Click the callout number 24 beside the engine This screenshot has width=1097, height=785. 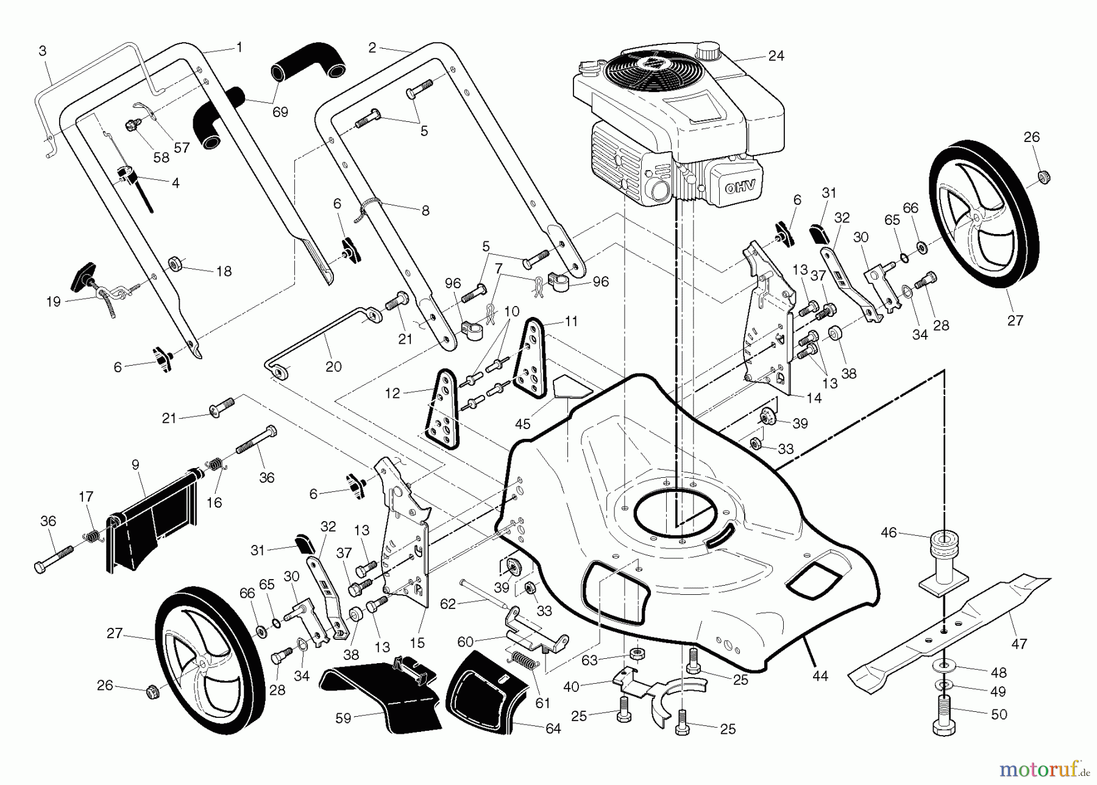click(776, 55)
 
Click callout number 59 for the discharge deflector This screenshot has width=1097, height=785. click(343, 718)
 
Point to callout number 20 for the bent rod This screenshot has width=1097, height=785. click(333, 366)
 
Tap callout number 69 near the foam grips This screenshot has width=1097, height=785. click(280, 112)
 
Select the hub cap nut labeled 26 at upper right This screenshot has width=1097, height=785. click(1044, 177)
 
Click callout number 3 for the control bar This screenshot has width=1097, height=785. click(42, 51)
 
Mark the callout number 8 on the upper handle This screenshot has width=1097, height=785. click(425, 210)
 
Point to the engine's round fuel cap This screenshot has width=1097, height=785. click(709, 48)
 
